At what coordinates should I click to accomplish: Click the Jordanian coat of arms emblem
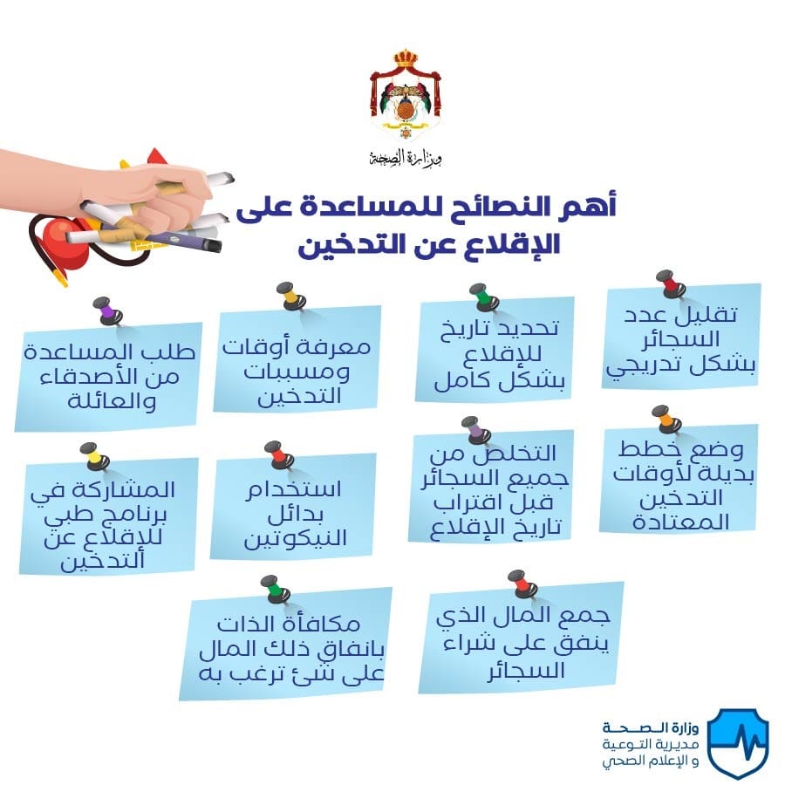pyautogui.click(x=406, y=94)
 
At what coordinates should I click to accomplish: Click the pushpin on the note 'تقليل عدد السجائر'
pyautogui.click(x=672, y=284)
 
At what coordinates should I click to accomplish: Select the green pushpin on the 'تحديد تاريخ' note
pyautogui.click(x=483, y=297)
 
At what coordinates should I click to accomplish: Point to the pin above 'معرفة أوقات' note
pyautogui.click(x=291, y=296)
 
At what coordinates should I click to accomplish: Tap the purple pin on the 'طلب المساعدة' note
pyautogui.click(x=107, y=311)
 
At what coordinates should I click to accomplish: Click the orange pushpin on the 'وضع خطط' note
pyautogui.click(x=667, y=420)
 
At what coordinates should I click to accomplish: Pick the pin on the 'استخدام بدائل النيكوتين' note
pyautogui.click(x=279, y=455)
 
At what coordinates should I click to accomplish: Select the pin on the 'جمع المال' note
pyautogui.click(x=522, y=584)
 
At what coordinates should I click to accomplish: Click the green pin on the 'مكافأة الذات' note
pyautogui.click(x=276, y=590)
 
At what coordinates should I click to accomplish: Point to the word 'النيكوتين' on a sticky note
pyautogui.click(x=296, y=539)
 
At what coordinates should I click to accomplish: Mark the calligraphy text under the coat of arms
pyautogui.click(x=406, y=158)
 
